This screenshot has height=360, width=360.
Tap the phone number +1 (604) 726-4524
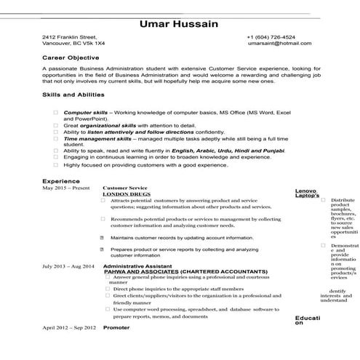coord(271,36)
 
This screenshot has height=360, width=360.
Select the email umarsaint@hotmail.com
coord(274,44)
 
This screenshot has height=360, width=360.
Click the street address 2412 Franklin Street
coord(69,36)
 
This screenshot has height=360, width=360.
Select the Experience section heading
coord(60,180)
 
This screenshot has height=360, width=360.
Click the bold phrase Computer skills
coord(85,113)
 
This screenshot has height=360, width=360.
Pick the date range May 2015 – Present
coord(66,188)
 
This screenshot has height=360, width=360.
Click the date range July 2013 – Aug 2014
coord(68,266)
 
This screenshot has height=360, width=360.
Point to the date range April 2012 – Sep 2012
coord(69,328)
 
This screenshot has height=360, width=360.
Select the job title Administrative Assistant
coord(138,266)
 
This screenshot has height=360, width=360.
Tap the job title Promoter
coord(116,328)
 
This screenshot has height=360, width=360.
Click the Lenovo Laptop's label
coord(307,193)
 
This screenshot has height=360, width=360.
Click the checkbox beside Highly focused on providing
coord(56,164)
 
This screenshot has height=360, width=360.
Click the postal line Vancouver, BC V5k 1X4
coord(73,44)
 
